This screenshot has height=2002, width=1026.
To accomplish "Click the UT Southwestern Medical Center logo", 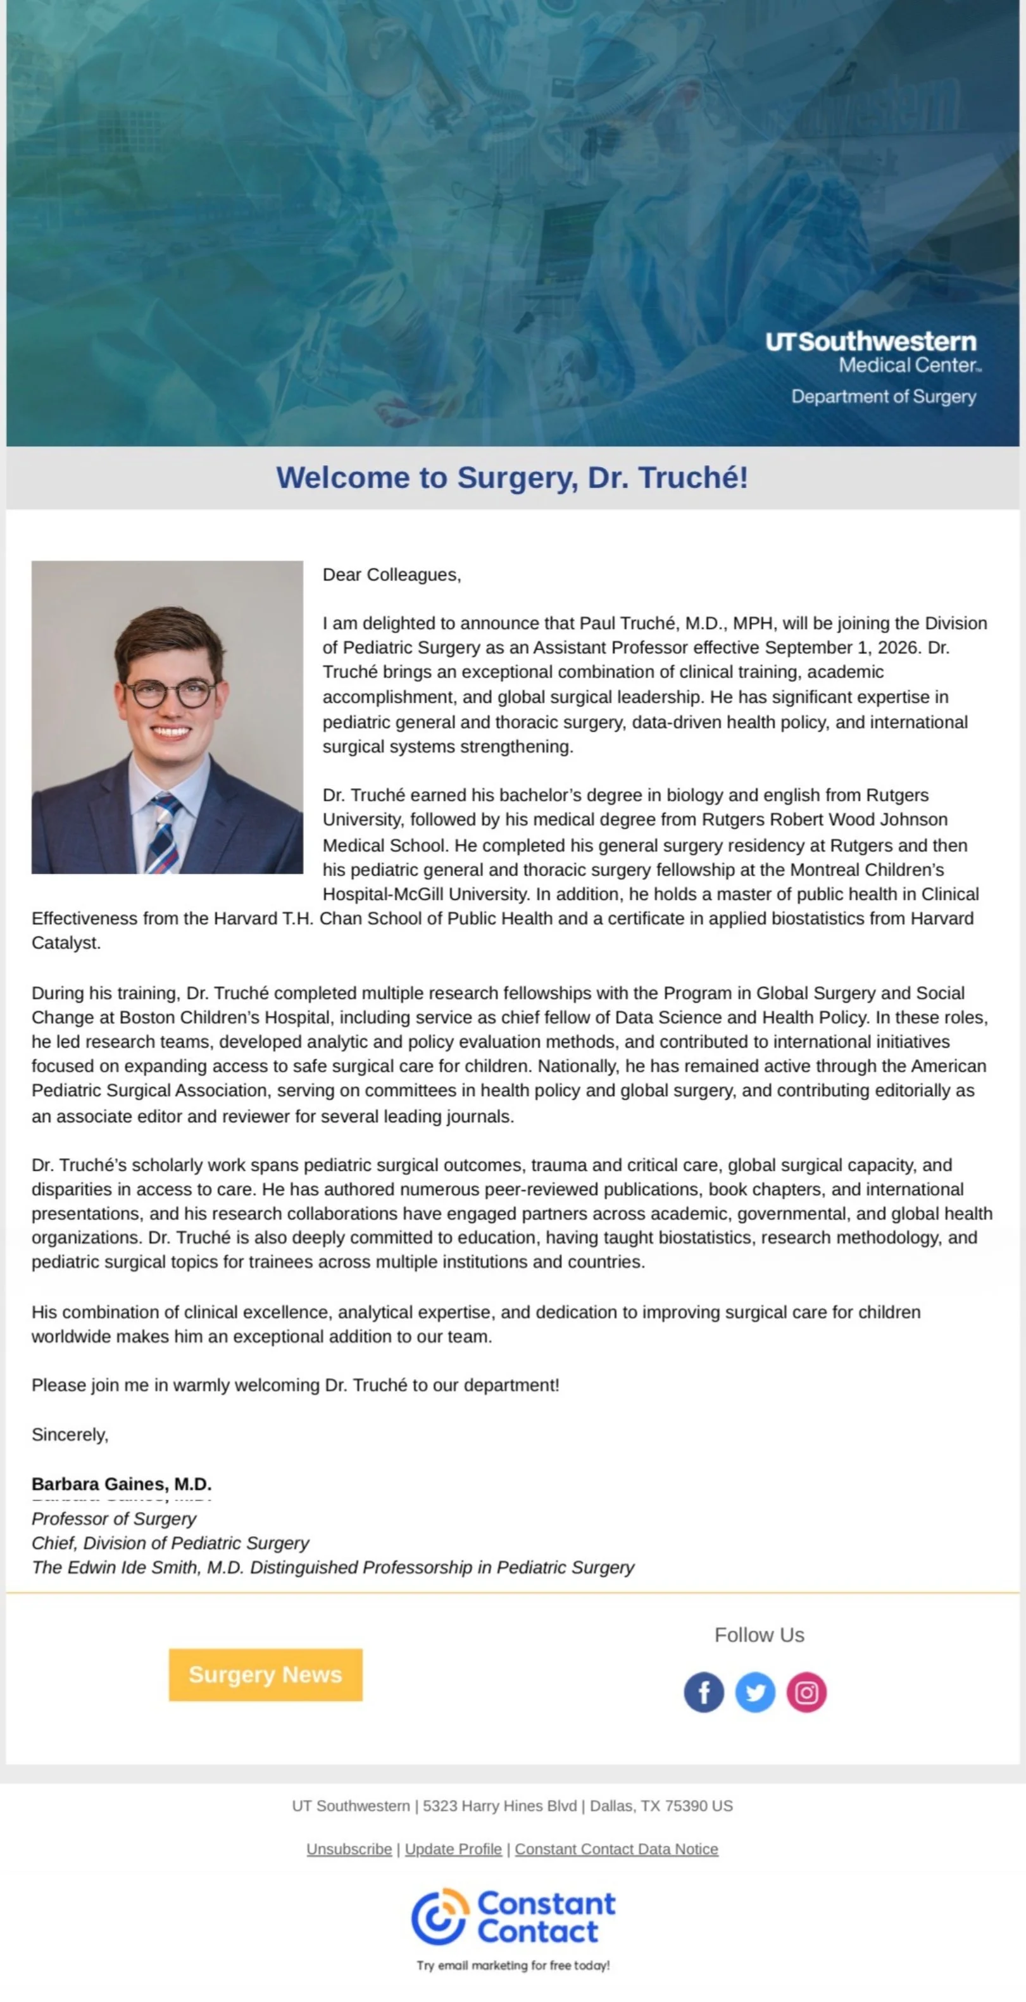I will click(872, 351).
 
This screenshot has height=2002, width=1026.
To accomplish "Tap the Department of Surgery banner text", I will click(883, 396).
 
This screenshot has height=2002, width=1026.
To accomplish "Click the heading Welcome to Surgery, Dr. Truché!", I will click(512, 477).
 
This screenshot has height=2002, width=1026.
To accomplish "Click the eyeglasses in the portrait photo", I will click(171, 692).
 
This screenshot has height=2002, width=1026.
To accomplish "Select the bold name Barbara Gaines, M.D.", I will click(122, 1484).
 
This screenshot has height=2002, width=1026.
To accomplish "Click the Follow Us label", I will click(759, 1634).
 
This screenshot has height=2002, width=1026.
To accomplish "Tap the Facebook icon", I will click(703, 1692).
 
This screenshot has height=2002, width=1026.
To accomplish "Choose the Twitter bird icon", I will click(754, 1692).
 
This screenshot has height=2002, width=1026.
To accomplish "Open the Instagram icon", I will click(806, 1692).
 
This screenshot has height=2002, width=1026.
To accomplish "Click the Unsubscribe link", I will click(349, 1849).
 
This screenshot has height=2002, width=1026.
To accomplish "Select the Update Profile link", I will click(453, 1849).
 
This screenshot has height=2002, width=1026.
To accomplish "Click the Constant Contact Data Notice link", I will click(616, 1849).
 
